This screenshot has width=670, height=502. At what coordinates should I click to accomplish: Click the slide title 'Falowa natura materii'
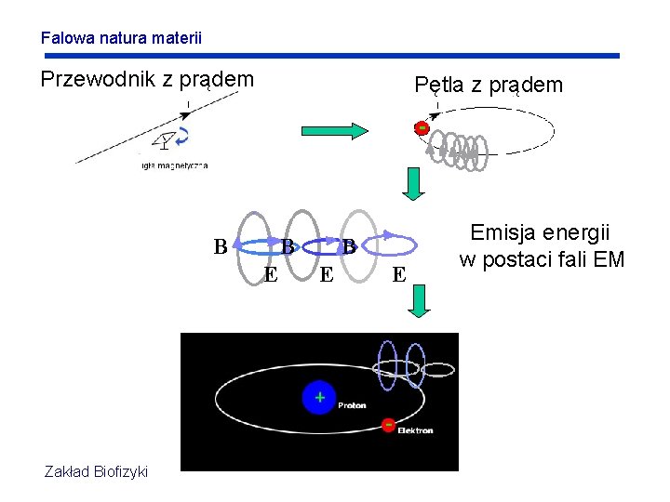click(x=121, y=39)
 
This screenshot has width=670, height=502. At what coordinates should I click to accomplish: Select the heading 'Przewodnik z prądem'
click(x=147, y=80)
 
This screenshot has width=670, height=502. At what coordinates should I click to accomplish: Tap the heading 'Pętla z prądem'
click(x=489, y=86)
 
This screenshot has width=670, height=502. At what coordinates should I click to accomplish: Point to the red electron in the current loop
click(x=422, y=127)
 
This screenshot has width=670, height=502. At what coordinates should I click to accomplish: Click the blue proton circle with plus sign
click(x=318, y=398)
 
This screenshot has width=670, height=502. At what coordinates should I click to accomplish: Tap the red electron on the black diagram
click(x=387, y=425)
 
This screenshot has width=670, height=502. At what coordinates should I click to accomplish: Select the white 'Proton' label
click(x=352, y=405)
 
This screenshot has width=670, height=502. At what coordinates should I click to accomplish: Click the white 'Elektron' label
click(x=415, y=430)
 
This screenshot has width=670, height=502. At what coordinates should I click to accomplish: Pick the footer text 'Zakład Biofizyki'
click(x=96, y=472)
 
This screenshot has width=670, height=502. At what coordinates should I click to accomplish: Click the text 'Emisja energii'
click(x=540, y=232)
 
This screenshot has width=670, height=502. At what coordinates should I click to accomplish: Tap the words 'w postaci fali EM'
click(x=542, y=259)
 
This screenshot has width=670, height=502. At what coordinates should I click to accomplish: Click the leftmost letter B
click(x=220, y=247)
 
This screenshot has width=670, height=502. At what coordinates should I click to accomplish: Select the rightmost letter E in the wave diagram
click(x=398, y=274)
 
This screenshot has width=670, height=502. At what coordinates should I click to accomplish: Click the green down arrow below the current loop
click(x=414, y=182)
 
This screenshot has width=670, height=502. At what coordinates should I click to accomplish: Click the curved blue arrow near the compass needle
click(x=183, y=137)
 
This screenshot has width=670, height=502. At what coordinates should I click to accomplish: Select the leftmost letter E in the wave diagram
click(x=270, y=274)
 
